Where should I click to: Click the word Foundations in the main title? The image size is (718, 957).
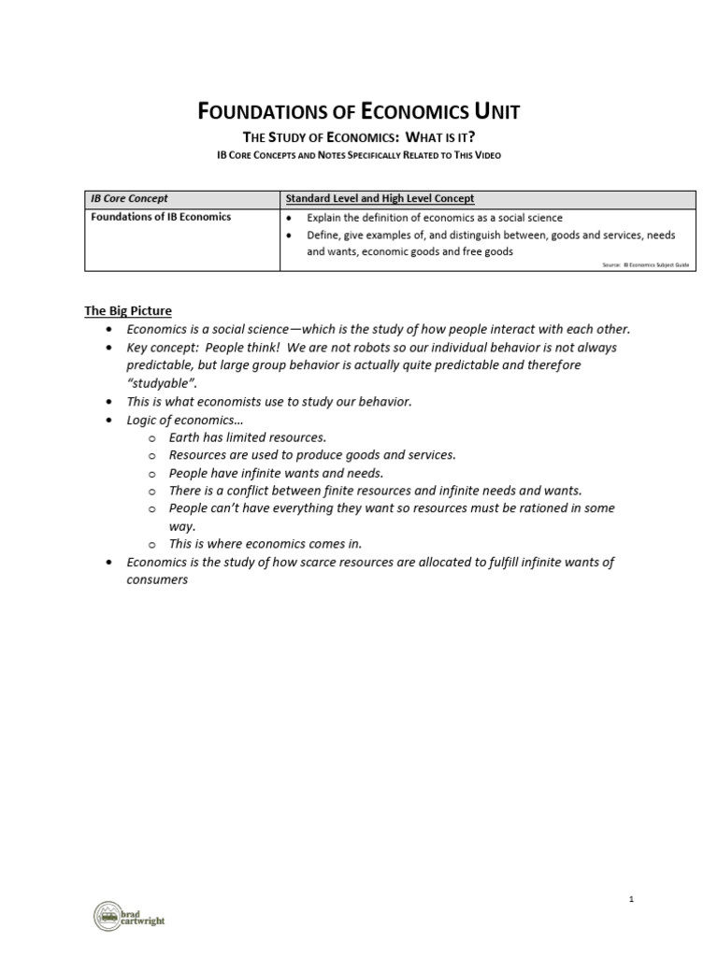click(x=254, y=113)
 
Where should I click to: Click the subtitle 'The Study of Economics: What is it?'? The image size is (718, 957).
click(x=359, y=138)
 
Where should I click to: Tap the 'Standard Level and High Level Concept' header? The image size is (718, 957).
click(x=380, y=199)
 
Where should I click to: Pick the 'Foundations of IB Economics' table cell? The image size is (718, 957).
click(x=161, y=217)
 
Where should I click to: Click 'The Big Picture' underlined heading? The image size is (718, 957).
click(x=128, y=310)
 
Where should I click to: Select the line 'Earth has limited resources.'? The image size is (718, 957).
click(x=247, y=436)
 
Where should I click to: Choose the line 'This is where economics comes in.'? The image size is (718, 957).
click(x=265, y=543)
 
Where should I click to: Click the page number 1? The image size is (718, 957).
click(x=632, y=899)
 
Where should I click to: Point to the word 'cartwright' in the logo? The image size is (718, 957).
click(x=146, y=922)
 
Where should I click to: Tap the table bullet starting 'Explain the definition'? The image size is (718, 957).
click(x=435, y=218)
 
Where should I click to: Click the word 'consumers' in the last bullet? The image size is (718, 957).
click(x=157, y=579)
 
